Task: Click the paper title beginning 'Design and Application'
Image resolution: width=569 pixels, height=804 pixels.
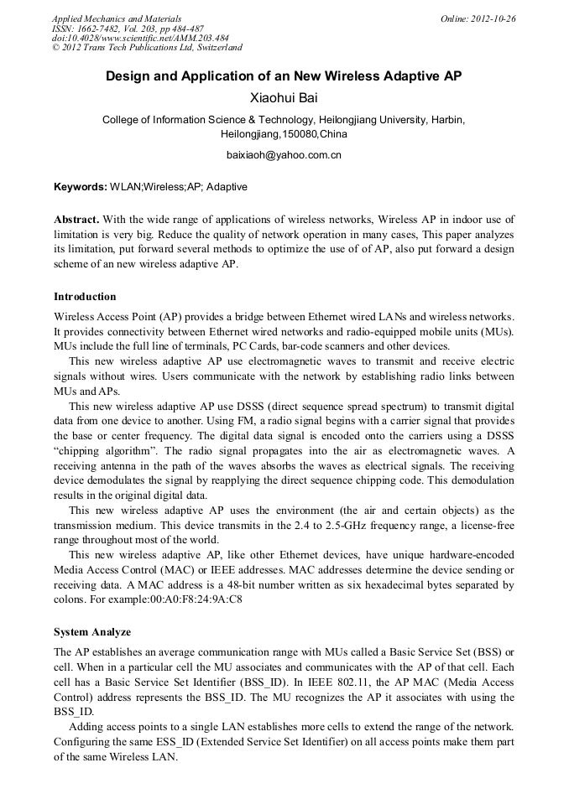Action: click(284, 76)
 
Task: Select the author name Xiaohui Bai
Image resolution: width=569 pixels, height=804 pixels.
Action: click(284, 98)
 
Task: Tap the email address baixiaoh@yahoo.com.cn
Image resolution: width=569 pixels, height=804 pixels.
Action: click(284, 155)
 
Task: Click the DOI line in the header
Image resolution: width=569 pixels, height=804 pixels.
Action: click(140, 39)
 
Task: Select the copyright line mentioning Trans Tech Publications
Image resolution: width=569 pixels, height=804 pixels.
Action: click(147, 49)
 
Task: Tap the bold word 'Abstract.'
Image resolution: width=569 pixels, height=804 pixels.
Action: click(77, 219)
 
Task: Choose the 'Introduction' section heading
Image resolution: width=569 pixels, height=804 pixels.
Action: click(85, 297)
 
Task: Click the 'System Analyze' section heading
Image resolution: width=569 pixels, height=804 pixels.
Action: click(94, 630)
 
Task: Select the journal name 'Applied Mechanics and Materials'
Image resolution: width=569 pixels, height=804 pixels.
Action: click(117, 18)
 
